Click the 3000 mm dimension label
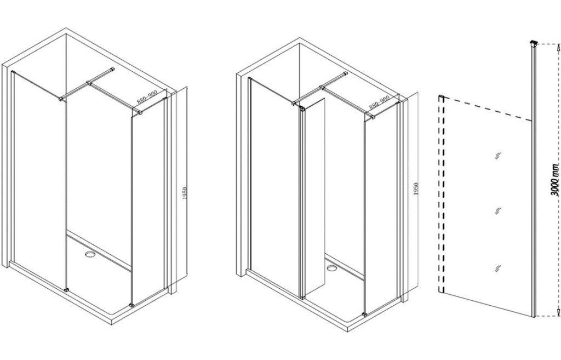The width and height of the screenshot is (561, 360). tap(555, 185)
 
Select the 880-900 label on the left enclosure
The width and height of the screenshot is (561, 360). tap(147, 98)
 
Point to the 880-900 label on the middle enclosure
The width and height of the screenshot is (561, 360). tap(379, 102)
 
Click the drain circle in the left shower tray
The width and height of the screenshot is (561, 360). tap(89, 254)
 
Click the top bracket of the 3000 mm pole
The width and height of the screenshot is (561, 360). tap(534, 44)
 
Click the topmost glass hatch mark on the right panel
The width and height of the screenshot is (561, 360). tap(497, 156)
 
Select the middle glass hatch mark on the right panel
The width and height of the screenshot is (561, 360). tap(497, 211)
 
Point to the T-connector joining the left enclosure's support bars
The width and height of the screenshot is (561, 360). tap(88, 84)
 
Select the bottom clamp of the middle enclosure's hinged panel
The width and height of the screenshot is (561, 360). tap(302, 295)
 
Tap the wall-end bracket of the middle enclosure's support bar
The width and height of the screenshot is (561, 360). tap(345, 75)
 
